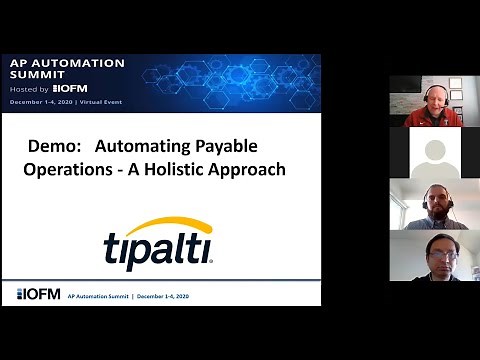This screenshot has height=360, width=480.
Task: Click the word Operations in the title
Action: click(61, 169)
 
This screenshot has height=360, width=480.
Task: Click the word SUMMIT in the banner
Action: click(36, 75)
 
